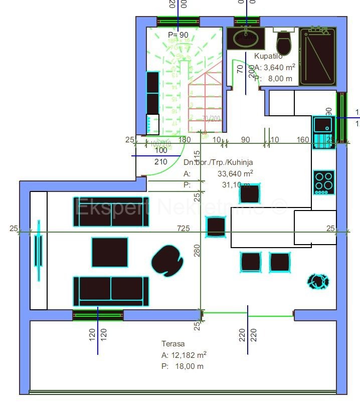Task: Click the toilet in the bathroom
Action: pyautogui.click(x=284, y=43)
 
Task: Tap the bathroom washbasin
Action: pyautogui.click(x=245, y=38)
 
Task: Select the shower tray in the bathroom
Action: pyautogui.click(x=317, y=57)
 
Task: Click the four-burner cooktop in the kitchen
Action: pyautogui.click(x=324, y=182)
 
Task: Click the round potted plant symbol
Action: pyautogui.click(x=318, y=282)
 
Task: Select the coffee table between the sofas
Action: pyautogui.click(x=110, y=252)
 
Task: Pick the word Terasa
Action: pyautogui.click(x=173, y=344)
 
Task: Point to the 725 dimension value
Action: pyautogui.click(x=184, y=229)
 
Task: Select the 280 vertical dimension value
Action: pyautogui.click(x=197, y=250)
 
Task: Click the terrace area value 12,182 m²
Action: pyautogui.click(x=189, y=355)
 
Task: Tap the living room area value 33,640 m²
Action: pyautogui.click(x=235, y=173)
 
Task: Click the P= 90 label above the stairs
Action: pyautogui.click(x=178, y=35)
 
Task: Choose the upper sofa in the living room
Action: pyautogui.click(x=111, y=215)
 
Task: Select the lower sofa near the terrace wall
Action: pyautogui.click(x=111, y=291)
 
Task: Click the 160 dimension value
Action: pyautogui.click(x=303, y=139)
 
